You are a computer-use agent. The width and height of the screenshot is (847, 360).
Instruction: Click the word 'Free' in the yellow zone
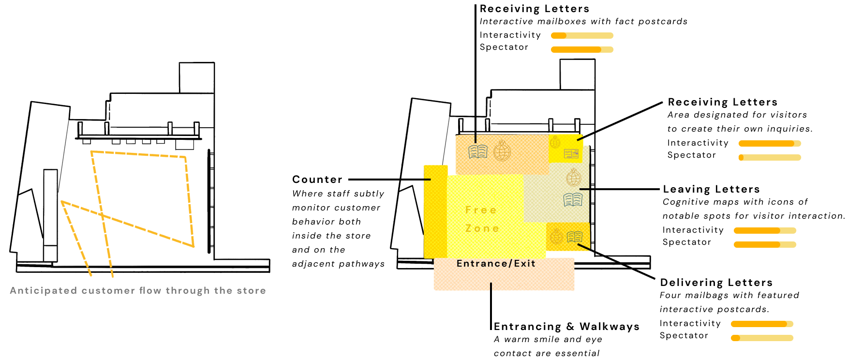[481, 210]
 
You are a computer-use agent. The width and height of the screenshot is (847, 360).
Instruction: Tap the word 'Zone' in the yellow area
[482, 228]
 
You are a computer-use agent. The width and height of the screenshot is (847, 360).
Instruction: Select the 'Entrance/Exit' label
[496, 264]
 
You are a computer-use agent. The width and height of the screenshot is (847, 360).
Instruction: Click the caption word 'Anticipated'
[44, 290]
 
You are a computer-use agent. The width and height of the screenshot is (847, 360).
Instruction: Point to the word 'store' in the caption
[251, 290]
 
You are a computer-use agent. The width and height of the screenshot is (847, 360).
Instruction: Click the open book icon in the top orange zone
[478, 152]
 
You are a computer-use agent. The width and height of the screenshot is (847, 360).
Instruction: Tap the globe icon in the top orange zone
[502, 151]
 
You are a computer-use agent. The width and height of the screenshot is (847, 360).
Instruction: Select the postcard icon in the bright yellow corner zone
[571, 154]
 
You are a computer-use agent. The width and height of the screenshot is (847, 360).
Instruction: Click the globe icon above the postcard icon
[555, 142]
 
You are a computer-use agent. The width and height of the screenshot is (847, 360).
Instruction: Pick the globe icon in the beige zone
[574, 178]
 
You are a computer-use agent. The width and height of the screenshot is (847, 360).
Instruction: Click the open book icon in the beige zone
[573, 199]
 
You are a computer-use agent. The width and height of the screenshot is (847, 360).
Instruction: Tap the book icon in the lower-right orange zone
[575, 237]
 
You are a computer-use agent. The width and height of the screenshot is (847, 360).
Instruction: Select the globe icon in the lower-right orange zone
[557, 237]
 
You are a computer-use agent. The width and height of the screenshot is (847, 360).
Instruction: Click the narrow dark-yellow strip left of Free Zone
[435, 212]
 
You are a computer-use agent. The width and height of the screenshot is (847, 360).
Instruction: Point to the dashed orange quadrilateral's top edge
[138, 154]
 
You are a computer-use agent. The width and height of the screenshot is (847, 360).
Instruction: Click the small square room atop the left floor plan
[197, 77]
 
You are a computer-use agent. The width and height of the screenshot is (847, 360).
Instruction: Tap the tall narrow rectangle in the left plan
[50, 208]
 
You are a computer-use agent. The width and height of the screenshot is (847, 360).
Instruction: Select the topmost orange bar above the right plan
[582, 35]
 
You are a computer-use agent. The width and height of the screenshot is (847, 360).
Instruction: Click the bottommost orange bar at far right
[762, 338]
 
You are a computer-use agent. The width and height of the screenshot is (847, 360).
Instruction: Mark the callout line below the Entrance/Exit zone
[491, 288]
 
